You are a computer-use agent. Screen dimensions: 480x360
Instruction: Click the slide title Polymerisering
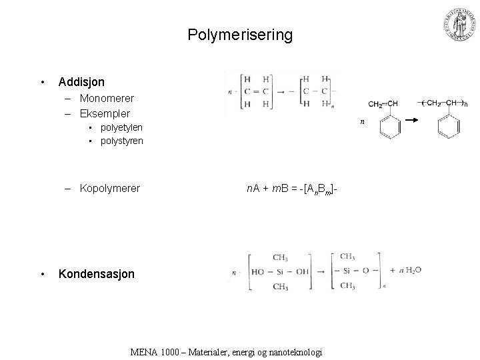tap(240, 34)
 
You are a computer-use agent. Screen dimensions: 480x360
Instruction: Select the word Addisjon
tap(81, 82)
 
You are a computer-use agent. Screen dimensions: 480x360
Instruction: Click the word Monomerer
tap(107, 98)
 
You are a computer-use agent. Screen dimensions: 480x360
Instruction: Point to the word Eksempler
tap(105, 113)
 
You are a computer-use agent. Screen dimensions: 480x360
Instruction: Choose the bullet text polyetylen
tap(121, 127)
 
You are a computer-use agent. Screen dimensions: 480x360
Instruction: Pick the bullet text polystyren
tap(122, 141)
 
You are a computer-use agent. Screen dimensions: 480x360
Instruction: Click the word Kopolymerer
tap(110, 188)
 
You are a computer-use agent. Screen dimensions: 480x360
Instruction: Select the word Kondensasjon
tap(96, 274)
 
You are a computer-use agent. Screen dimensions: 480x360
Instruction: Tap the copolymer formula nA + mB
tap(294, 189)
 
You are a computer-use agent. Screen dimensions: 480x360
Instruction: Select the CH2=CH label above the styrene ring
tap(383, 104)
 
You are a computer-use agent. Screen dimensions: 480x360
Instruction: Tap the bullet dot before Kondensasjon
tap(43, 274)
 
